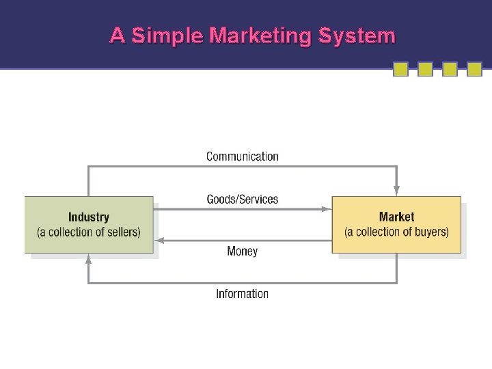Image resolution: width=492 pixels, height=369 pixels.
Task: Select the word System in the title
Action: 356,36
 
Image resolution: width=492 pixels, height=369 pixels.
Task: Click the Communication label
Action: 243,156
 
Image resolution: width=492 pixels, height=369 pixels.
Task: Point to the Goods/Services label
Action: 243,200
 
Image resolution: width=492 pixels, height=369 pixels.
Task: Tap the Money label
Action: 243,251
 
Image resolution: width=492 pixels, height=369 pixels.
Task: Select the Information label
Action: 243,294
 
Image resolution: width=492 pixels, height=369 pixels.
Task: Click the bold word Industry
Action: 89,217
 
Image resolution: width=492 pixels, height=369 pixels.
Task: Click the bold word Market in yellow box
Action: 396,217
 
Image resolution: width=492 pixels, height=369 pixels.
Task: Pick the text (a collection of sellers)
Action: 89,232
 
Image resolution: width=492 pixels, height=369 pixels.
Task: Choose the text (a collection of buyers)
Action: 396,232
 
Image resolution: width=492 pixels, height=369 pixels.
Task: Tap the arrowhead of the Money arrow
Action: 159,240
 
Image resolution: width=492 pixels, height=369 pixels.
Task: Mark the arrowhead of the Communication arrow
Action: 396,191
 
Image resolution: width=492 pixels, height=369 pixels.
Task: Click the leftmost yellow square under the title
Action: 401,69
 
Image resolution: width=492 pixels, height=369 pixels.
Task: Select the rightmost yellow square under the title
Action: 474,69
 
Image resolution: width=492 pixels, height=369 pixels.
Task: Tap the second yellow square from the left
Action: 425,69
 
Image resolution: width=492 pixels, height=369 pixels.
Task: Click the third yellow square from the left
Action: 450,69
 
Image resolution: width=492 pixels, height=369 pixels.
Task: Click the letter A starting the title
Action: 117,36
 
